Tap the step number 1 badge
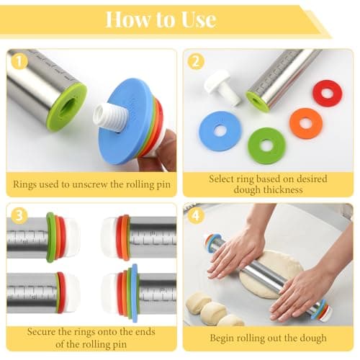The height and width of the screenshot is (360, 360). click(x=19, y=61)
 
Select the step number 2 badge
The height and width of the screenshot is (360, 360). click(x=196, y=61)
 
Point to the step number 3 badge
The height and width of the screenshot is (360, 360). click(x=19, y=215)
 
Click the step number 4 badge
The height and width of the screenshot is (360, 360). click(x=196, y=215)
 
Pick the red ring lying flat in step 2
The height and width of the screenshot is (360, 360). click(x=327, y=94)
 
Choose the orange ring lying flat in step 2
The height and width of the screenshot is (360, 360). click(x=306, y=123)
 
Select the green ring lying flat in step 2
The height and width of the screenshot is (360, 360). click(x=266, y=145)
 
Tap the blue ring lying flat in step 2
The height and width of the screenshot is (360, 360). click(x=220, y=131)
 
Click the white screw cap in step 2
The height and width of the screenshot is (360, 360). click(x=222, y=88)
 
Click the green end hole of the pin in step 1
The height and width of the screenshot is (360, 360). click(x=68, y=107)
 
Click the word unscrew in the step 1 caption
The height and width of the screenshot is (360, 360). click(x=89, y=184)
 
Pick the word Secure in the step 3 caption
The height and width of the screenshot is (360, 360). click(x=41, y=332)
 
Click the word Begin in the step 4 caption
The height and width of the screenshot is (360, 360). click(x=222, y=338)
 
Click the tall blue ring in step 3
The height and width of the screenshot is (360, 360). click(x=135, y=292)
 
